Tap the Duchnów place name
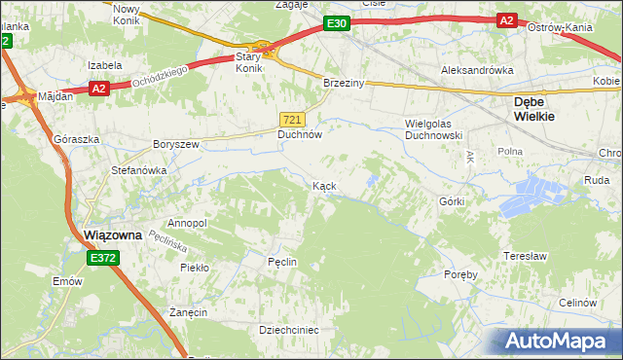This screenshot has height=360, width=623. pyautogui.click(x=300, y=135)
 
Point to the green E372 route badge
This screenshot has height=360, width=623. pyautogui.click(x=102, y=258)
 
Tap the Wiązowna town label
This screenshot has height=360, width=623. pyautogui.click(x=115, y=234)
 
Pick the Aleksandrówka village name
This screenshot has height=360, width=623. pyautogui.click(x=477, y=70)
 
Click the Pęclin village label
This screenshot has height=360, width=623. pyautogui.click(x=281, y=262)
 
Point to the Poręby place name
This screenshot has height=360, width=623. pyautogui.click(x=458, y=274)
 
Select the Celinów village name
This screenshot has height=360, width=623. pyautogui.click(x=577, y=303)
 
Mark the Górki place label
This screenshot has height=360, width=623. pyautogui.click(x=452, y=201)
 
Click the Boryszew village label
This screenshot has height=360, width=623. pyautogui.click(x=175, y=144)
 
